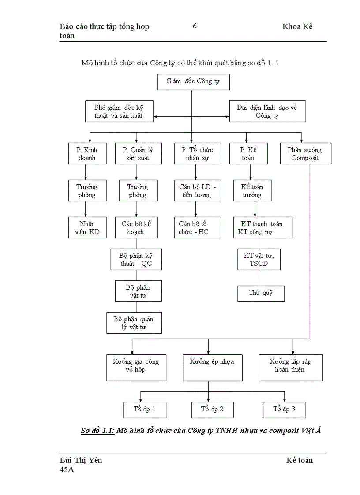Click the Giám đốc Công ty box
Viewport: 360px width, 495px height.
click(x=193, y=82)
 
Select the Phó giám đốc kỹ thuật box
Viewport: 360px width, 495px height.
click(x=119, y=112)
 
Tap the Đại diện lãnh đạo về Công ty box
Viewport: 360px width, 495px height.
click(x=267, y=112)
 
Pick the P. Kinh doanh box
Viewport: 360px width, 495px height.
click(x=87, y=153)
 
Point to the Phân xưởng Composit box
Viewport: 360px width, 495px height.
click(x=305, y=153)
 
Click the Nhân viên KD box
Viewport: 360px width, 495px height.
click(x=87, y=227)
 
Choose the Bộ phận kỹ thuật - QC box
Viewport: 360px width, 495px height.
click(x=136, y=260)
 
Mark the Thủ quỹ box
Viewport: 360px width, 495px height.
click(x=261, y=293)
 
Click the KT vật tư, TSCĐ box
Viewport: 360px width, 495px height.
click(x=259, y=260)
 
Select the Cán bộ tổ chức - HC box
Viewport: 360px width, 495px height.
click(x=197, y=227)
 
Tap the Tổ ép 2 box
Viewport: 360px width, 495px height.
click(x=213, y=409)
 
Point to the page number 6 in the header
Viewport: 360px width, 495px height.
click(x=195, y=26)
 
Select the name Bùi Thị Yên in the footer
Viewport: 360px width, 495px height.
click(x=81, y=460)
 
